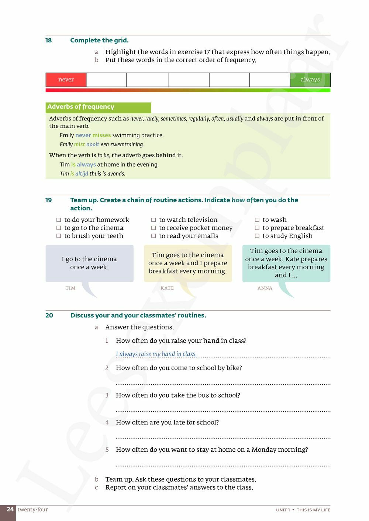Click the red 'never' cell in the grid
pos(66,80)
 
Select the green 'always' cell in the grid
pos(310,80)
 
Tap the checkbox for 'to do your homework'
pos(59,220)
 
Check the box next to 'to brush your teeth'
pos(59,236)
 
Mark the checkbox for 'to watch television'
pos(154,220)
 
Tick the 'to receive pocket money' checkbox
pos(154,228)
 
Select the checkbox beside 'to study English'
pos(257,236)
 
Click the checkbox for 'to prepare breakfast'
pos(257,228)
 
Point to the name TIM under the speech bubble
pos(70,288)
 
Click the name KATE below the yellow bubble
pos(167,288)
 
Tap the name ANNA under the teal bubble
pos(265,288)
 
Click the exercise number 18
pos(49,41)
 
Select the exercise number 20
pos(49,315)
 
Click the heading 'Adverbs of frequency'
pos(81,107)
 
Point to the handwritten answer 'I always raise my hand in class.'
pos(156,354)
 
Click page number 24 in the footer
pos(10,510)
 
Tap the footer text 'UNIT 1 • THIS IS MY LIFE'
pos(303,510)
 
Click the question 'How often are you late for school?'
pos(167,423)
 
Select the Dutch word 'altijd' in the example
pos(82,174)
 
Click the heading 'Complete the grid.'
pos(99,41)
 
